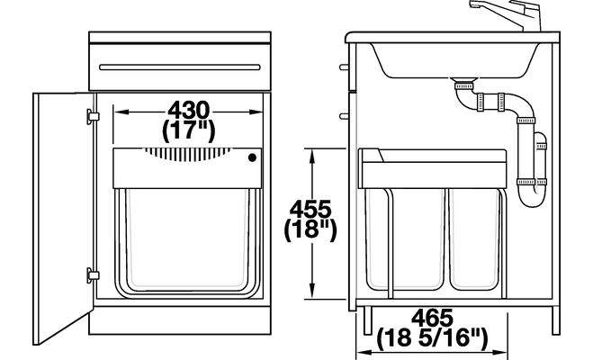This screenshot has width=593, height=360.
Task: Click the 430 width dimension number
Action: point(188,111)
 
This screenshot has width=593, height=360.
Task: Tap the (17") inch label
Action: point(188,131)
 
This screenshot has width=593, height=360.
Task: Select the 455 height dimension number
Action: point(310,209)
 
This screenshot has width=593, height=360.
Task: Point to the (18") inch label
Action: point(310,229)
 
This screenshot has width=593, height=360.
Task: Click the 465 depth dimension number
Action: point(432,318)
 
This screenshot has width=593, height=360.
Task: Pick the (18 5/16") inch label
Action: point(432,338)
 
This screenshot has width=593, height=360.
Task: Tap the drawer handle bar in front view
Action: point(180,67)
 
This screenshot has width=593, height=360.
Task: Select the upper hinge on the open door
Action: point(93,116)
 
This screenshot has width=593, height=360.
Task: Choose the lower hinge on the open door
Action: point(93,275)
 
